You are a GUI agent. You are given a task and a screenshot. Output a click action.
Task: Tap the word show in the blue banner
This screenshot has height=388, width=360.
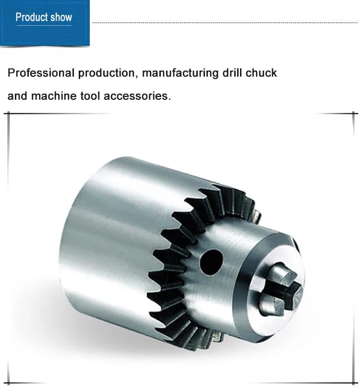pos(61,18)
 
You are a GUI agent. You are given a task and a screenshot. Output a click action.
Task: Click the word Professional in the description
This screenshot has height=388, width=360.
pos(41,73)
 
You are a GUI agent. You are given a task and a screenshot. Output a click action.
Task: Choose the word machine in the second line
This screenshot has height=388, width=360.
pos(52,96)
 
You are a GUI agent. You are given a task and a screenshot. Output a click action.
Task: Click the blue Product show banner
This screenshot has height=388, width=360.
pos(45,23)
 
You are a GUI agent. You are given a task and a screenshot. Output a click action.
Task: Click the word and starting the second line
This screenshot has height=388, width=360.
pos(17,96)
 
